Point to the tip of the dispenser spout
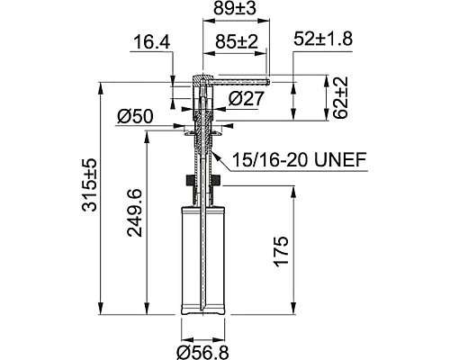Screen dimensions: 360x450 click(267, 80)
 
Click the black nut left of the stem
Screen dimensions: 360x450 click(187, 180)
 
